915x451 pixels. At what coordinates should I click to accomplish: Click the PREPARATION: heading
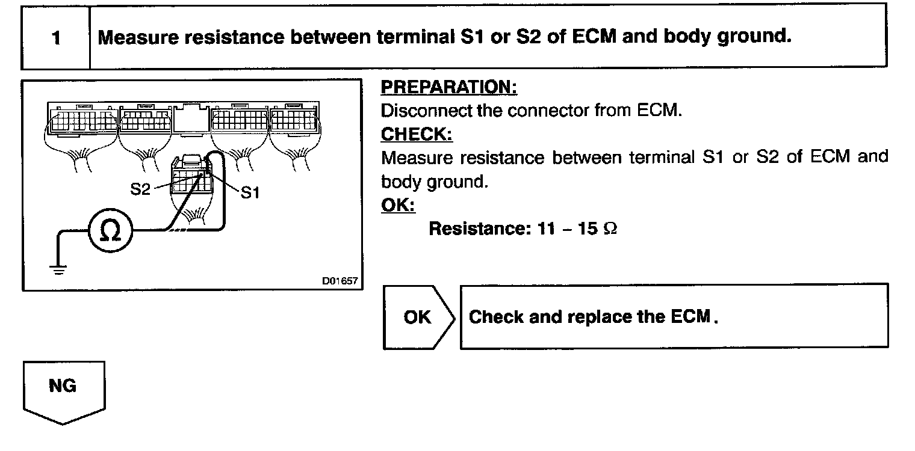(449, 88)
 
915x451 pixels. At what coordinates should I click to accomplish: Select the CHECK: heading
(417, 134)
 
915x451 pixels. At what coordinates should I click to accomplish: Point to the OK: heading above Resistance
(398, 205)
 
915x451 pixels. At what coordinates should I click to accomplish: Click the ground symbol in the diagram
(58, 269)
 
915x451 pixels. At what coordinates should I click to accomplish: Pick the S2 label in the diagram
(141, 189)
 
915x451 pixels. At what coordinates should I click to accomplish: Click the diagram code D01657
(339, 281)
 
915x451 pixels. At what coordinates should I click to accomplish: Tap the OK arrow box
(418, 317)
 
